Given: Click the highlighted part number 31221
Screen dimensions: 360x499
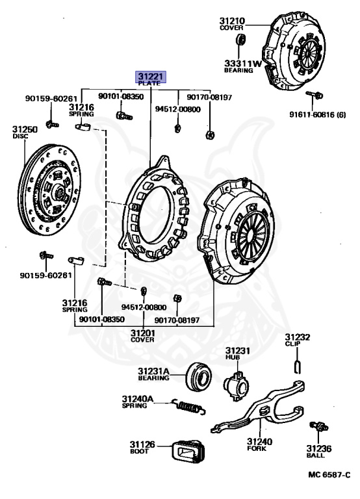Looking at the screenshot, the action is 151,77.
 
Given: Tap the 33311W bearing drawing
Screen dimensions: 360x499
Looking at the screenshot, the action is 241,40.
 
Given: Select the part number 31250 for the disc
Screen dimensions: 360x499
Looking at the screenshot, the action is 25,129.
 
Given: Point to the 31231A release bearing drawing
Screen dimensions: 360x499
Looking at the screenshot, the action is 198,376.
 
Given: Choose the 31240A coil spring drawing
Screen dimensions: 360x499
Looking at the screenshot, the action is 188,406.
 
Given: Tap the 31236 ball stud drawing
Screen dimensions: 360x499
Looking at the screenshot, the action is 319,426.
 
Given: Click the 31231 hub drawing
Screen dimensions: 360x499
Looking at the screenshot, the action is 236,385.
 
